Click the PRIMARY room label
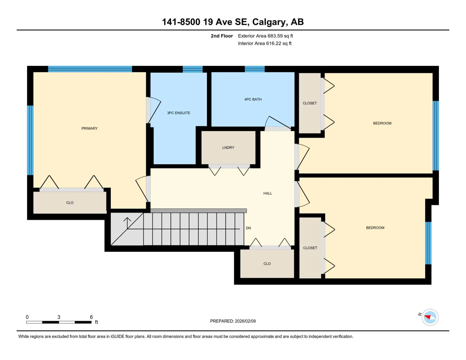click(89, 128)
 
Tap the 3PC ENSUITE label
click(179, 113)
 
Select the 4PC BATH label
click(253, 99)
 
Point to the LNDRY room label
click(228, 148)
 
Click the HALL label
click(268, 193)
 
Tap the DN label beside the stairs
click(248, 228)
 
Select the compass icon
click(430, 317)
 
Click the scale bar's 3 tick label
click(59, 317)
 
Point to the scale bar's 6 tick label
click(91, 317)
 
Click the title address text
click(233, 22)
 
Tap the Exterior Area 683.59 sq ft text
click(265, 36)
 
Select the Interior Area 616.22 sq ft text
click(265, 43)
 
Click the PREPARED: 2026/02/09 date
click(233, 321)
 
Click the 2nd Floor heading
click(222, 36)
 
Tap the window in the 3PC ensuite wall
click(193, 69)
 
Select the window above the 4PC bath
click(255, 69)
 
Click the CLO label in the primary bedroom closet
click(70, 203)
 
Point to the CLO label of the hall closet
click(267, 264)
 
